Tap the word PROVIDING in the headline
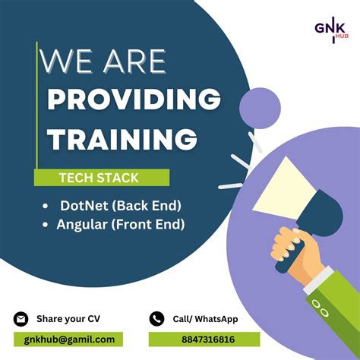point(134,99)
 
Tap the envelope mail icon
point(21,319)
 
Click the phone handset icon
point(157,319)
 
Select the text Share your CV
point(67,319)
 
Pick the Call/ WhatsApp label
point(205,319)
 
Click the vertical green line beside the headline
point(36,106)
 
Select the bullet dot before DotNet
point(47,206)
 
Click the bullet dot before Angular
point(47,225)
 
